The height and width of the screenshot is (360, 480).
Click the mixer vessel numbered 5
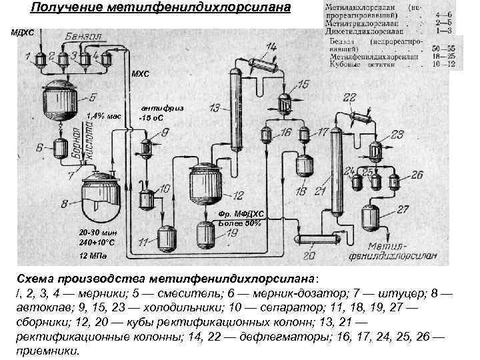60,100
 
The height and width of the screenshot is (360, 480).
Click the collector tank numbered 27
371,217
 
